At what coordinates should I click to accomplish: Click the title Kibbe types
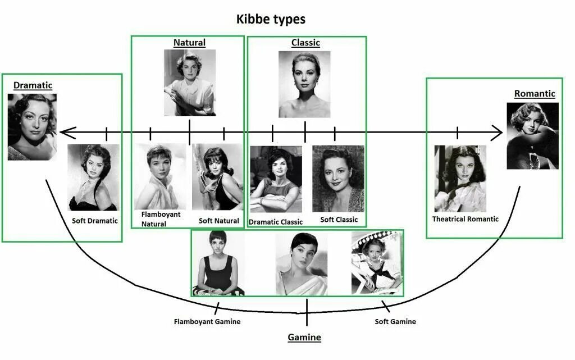[x=271, y=19]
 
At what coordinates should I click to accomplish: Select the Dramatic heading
[x=33, y=85]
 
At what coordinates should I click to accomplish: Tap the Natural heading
[x=189, y=43]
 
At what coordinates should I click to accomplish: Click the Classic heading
[x=305, y=43]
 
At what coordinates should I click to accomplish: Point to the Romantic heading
[x=535, y=94]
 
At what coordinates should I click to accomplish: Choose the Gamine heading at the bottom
[x=304, y=338]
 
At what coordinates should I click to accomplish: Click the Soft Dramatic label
[x=95, y=221]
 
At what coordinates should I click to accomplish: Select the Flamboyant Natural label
[x=154, y=219]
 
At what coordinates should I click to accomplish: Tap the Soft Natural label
[x=219, y=221]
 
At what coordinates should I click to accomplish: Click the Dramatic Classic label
[x=276, y=222]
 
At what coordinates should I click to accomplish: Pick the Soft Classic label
[x=339, y=220]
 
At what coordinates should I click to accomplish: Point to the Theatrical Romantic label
[x=465, y=219]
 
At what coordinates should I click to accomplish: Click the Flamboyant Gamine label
[x=207, y=322]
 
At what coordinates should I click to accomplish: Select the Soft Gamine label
[x=395, y=322]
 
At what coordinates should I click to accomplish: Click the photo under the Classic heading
[x=304, y=84]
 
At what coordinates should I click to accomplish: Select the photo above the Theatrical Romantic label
[x=460, y=179]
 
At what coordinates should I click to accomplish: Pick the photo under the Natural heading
[x=189, y=83]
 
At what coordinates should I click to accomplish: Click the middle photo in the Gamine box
[x=301, y=263]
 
